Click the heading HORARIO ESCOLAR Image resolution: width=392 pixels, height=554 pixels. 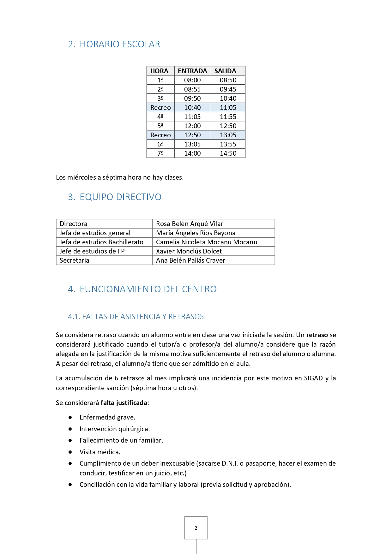[120, 44]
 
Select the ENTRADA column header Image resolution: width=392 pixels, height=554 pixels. [192, 71]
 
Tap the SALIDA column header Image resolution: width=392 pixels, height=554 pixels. [225, 71]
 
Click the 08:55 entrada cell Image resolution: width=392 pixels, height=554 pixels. [192, 89]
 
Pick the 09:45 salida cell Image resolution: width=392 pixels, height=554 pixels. [228, 89]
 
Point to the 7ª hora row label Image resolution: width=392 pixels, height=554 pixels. [160, 153]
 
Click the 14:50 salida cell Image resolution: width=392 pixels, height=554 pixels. [228, 153]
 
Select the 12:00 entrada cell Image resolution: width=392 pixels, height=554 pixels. [192, 126]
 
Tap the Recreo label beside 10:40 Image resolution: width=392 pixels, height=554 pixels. [160, 108]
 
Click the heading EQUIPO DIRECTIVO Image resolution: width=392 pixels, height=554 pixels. [120, 197]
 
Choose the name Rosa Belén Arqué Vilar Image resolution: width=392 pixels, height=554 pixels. [190, 224]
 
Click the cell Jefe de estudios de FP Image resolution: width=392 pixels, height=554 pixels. [92, 251]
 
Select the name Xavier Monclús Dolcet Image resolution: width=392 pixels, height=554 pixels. [189, 251]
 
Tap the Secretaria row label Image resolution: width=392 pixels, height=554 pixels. [75, 260]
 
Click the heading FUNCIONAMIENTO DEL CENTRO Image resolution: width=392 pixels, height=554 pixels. [148, 289]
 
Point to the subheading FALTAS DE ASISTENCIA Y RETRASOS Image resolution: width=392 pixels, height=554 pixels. [143, 317]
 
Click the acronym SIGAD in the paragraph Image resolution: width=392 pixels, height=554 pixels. [313, 378]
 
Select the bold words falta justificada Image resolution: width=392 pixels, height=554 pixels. [124, 403]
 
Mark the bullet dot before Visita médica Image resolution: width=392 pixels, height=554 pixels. [70, 452]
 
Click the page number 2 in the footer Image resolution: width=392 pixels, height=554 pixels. [196, 528]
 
